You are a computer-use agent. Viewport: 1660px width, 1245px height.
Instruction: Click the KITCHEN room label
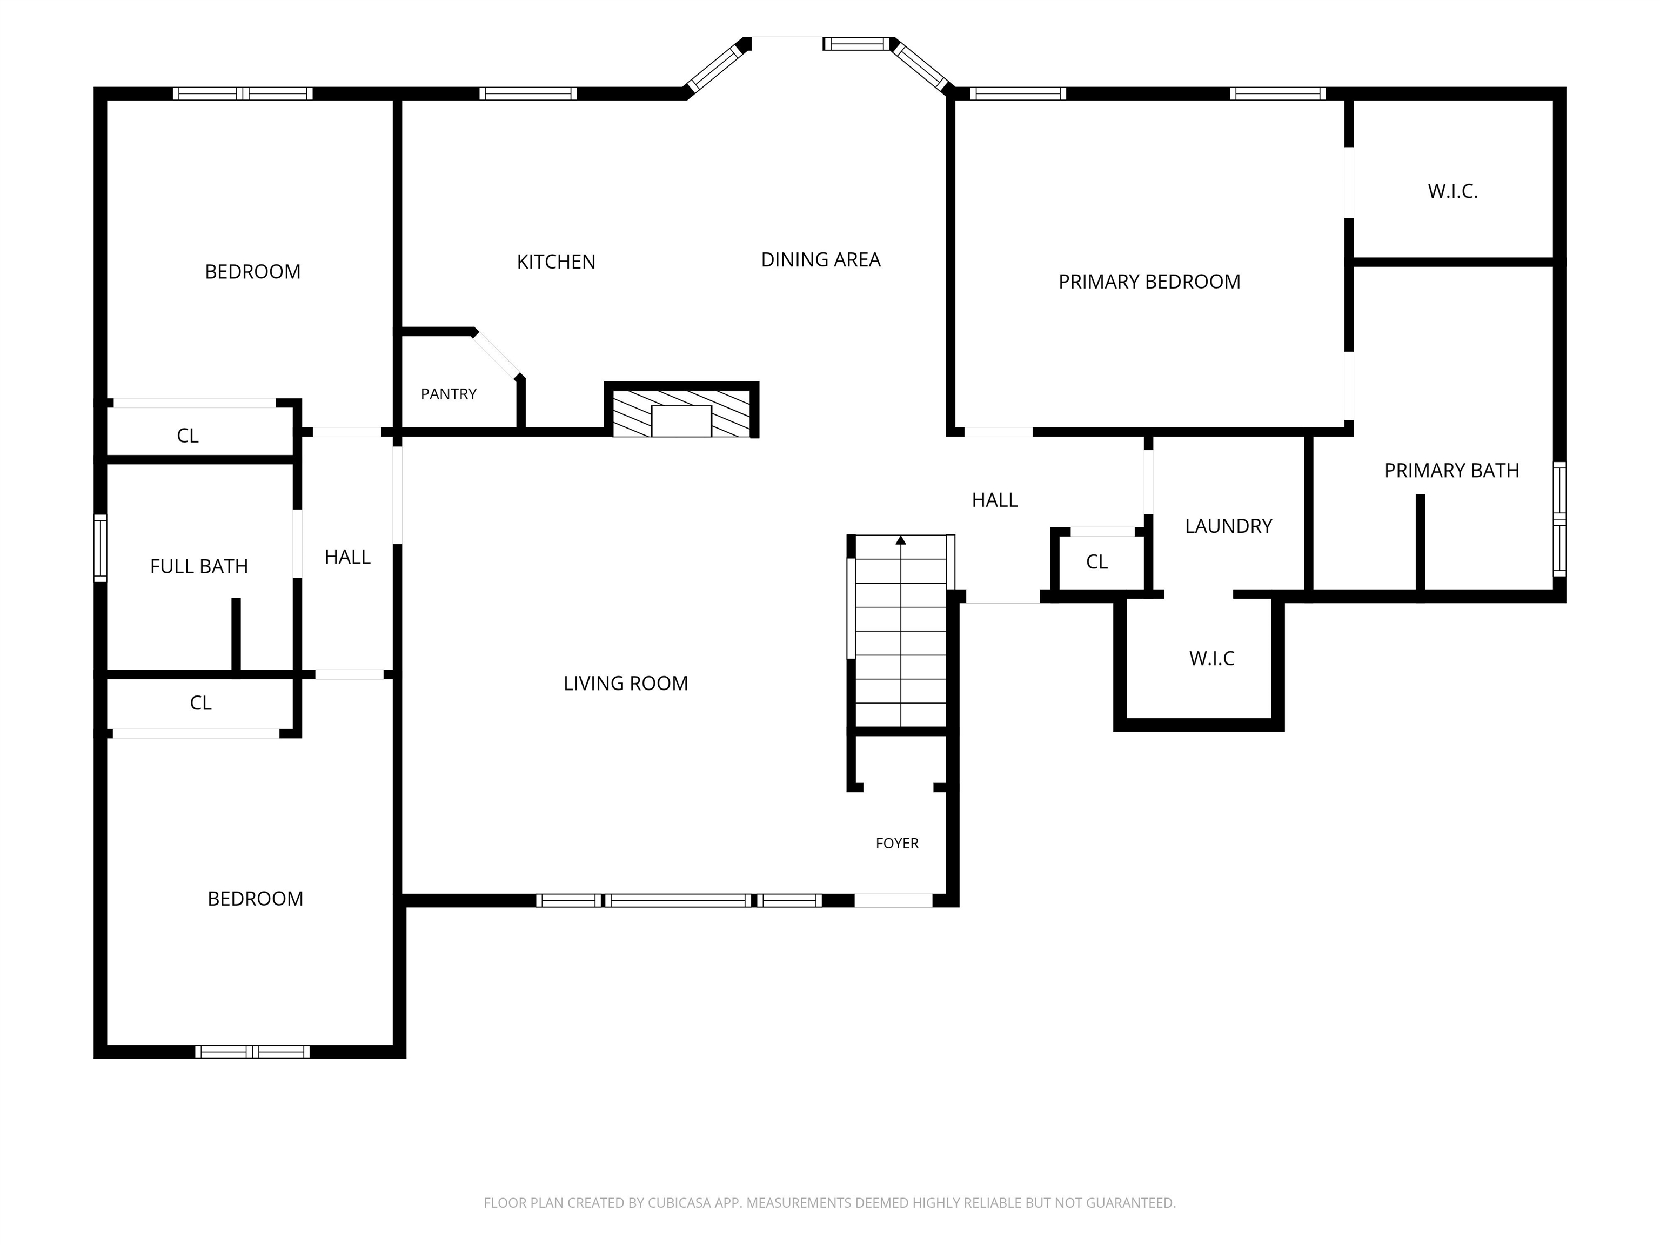tap(556, 262)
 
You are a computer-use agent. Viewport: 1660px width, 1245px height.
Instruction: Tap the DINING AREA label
tap(821, 260)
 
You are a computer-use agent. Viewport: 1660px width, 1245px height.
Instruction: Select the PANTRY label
tap(449, 394)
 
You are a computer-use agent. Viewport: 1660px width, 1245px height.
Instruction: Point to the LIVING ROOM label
tap(626, 683)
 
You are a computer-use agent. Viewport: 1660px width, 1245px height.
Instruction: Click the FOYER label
tap(898, 844)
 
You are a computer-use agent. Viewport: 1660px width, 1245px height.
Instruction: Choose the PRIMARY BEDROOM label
tap(1150, 282)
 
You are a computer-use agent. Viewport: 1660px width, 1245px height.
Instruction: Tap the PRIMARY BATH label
tap(1452, 471)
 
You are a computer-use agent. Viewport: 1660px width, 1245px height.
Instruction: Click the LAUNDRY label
tap(1229, 526)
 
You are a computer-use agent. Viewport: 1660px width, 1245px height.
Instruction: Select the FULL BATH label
tap(199, 567)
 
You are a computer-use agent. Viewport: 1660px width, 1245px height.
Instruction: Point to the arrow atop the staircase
tap(901, 540)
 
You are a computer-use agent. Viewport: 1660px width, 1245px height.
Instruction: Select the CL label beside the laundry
tap(1097, 562)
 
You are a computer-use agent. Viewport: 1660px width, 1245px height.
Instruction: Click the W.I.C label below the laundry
tap(1212, 659)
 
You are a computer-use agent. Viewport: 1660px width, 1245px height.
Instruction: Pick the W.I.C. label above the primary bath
tap(1453, 191)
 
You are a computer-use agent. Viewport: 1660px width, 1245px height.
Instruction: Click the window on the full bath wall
tap(100, 548)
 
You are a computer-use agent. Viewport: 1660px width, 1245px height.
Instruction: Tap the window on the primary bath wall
tap(1559, 519)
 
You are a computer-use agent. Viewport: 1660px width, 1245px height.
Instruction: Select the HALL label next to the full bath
tap(347, 557)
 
